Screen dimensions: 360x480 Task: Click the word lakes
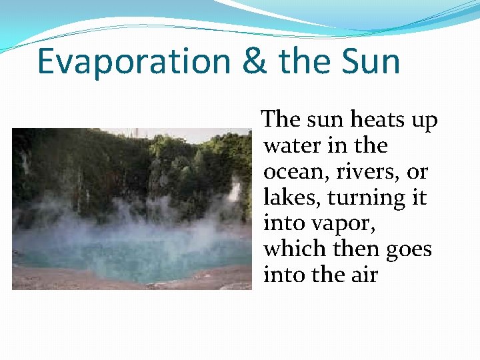coord(287,198)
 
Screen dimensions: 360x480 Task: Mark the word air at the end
coord(363,275)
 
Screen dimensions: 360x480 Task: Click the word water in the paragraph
coord(292,146)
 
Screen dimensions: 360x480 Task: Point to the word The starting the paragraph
coord(281,120)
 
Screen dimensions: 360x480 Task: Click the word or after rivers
coord(417,173)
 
